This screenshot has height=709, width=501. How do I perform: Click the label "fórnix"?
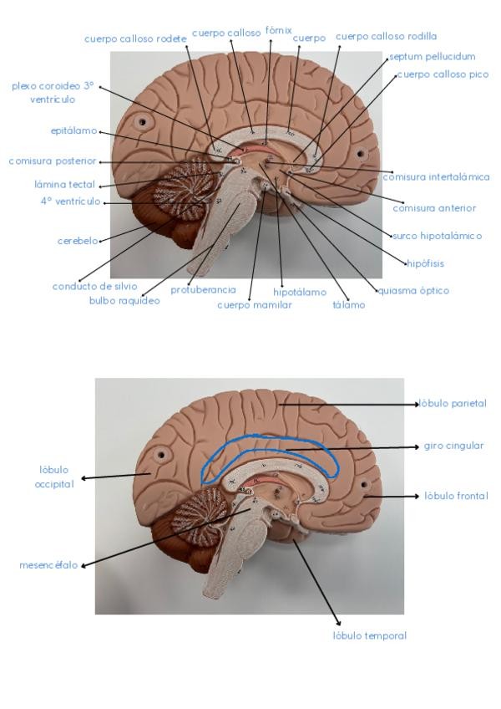click(278, 30)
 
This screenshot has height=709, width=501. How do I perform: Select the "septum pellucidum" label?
click(432, 57)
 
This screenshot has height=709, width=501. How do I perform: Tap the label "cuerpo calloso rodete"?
click(135, 38)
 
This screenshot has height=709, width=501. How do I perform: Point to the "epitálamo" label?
click(73, 130)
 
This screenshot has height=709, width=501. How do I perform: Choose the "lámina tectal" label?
click(64, 184)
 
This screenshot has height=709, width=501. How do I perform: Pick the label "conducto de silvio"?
click(94, 286)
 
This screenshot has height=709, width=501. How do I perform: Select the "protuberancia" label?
click(203, 290)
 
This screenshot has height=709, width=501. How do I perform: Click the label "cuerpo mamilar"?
click(254, 305)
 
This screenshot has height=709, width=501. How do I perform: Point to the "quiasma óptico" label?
click(413, 291)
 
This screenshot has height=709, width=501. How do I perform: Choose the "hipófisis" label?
click(425, 263)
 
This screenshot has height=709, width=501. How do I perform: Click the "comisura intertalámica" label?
click(436, 177)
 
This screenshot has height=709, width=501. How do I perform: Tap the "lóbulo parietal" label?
click(455, 404)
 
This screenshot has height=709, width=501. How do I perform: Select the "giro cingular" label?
click(453, 446)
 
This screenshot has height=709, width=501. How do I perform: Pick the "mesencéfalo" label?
click(48, 565)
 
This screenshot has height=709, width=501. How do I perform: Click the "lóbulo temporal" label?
click(369, 636)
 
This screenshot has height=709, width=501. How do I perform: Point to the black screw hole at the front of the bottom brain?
click(364, 483)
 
